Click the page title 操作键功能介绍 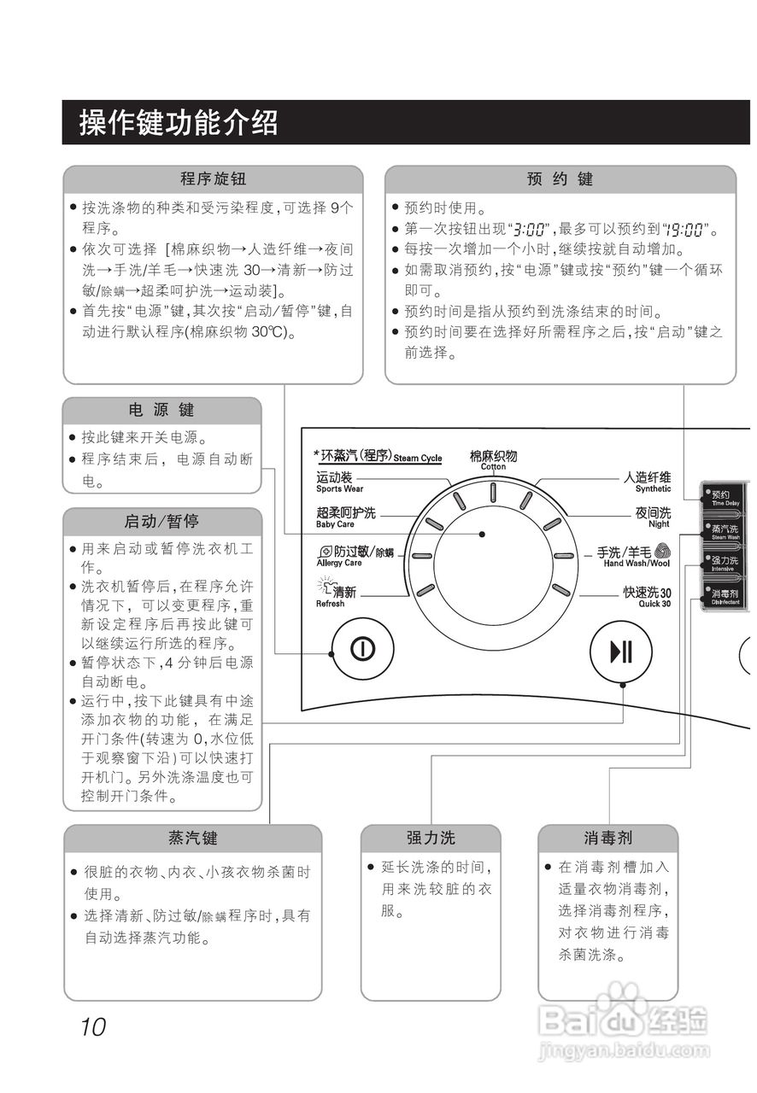179,123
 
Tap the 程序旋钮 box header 213,179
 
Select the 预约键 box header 560,179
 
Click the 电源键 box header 161,411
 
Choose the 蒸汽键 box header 192,838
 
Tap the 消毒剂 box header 607,838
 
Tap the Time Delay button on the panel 725,499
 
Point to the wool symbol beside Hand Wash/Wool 662,552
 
